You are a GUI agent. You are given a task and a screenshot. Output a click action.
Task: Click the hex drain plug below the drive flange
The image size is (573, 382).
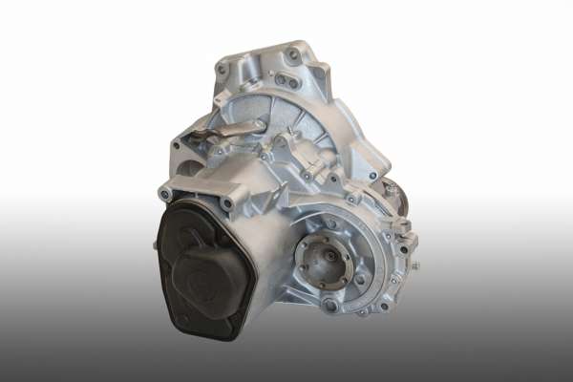[x=329, y=306]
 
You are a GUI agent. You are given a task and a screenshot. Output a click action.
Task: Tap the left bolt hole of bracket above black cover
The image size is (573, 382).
[x=166, y=194]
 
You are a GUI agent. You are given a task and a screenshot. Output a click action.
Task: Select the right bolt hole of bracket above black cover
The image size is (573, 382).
[x=228, y=202]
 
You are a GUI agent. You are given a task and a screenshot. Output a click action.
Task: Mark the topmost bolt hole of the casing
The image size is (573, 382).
[x=290, y=53]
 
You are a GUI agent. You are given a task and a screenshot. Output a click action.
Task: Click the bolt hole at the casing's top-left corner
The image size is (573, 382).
[x=222, y=69]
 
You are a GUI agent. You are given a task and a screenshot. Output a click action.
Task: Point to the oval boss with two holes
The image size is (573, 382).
[x=286, y=81]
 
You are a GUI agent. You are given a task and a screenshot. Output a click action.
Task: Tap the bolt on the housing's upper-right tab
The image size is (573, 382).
[x=373, y=175]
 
